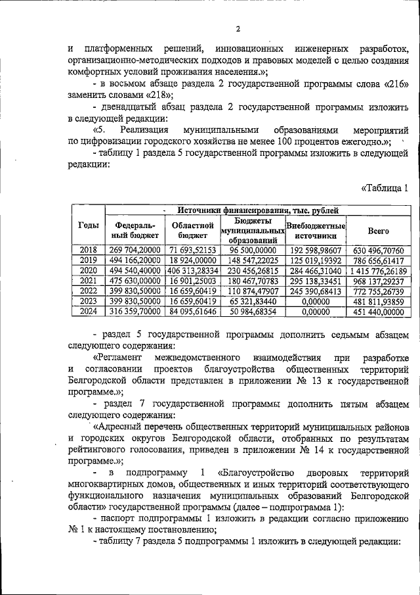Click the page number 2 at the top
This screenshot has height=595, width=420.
(239, 28)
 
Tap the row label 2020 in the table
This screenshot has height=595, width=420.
(88, 270)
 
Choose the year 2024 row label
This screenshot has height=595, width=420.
(88, 312)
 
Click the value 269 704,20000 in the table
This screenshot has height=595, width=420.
(135, 249)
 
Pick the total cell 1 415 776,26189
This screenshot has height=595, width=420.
(379, 270)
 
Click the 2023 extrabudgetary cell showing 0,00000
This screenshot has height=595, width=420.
(316, 302)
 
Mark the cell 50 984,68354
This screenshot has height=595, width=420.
(253, 312)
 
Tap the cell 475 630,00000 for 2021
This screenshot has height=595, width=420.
(135, 281)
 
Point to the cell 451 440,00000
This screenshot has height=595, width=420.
(379, 312)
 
